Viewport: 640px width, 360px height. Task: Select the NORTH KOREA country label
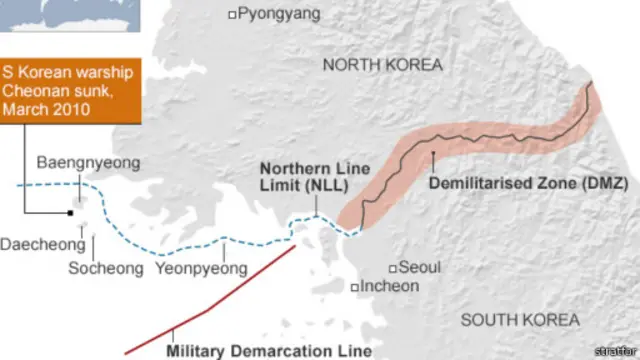(x=382, y=65)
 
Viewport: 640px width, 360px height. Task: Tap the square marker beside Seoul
(x=393, y=267)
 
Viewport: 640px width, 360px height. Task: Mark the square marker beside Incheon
(x=355, y=287)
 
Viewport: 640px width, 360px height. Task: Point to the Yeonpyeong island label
(x=201, y=267)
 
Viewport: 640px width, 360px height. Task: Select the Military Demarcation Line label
(x=269, y=350)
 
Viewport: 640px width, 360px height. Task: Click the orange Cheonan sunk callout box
(x=71, y=90)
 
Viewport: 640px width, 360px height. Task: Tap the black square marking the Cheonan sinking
(x=71, y=213)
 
